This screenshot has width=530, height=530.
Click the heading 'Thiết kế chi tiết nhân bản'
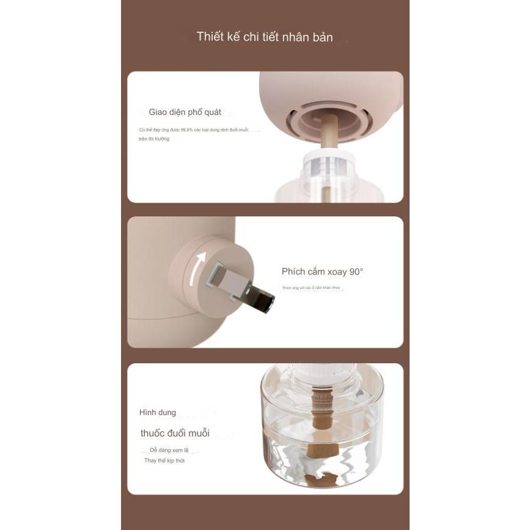tap(265, 37)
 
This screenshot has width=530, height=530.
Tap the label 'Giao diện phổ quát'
tap(185, 112)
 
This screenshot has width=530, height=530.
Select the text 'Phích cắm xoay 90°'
tap(322, 271)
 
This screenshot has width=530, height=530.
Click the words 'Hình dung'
tap(157, 413)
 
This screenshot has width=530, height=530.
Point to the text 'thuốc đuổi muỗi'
tap(175, 433)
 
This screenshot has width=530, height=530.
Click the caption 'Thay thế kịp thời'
tap(164, 460)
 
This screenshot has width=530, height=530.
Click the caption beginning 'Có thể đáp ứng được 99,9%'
tap(193, 130)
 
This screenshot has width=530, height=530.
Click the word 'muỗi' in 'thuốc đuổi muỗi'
tap(198, 433)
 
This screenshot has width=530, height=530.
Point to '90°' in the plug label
tap(356, 271)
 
